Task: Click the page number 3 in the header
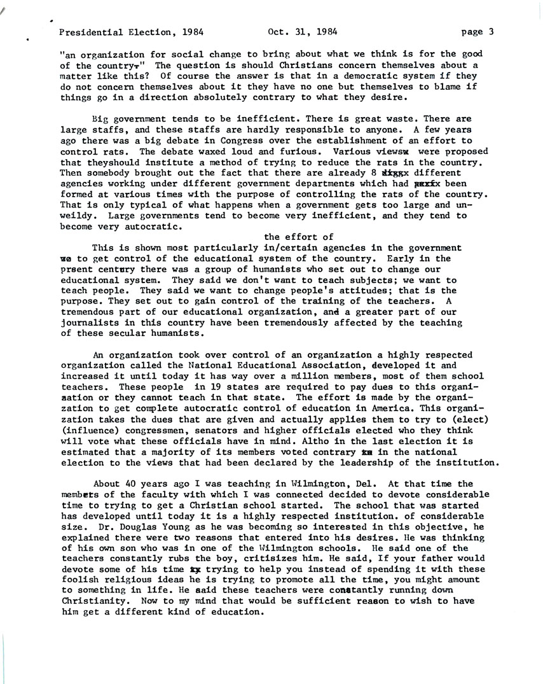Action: point(491,32)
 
